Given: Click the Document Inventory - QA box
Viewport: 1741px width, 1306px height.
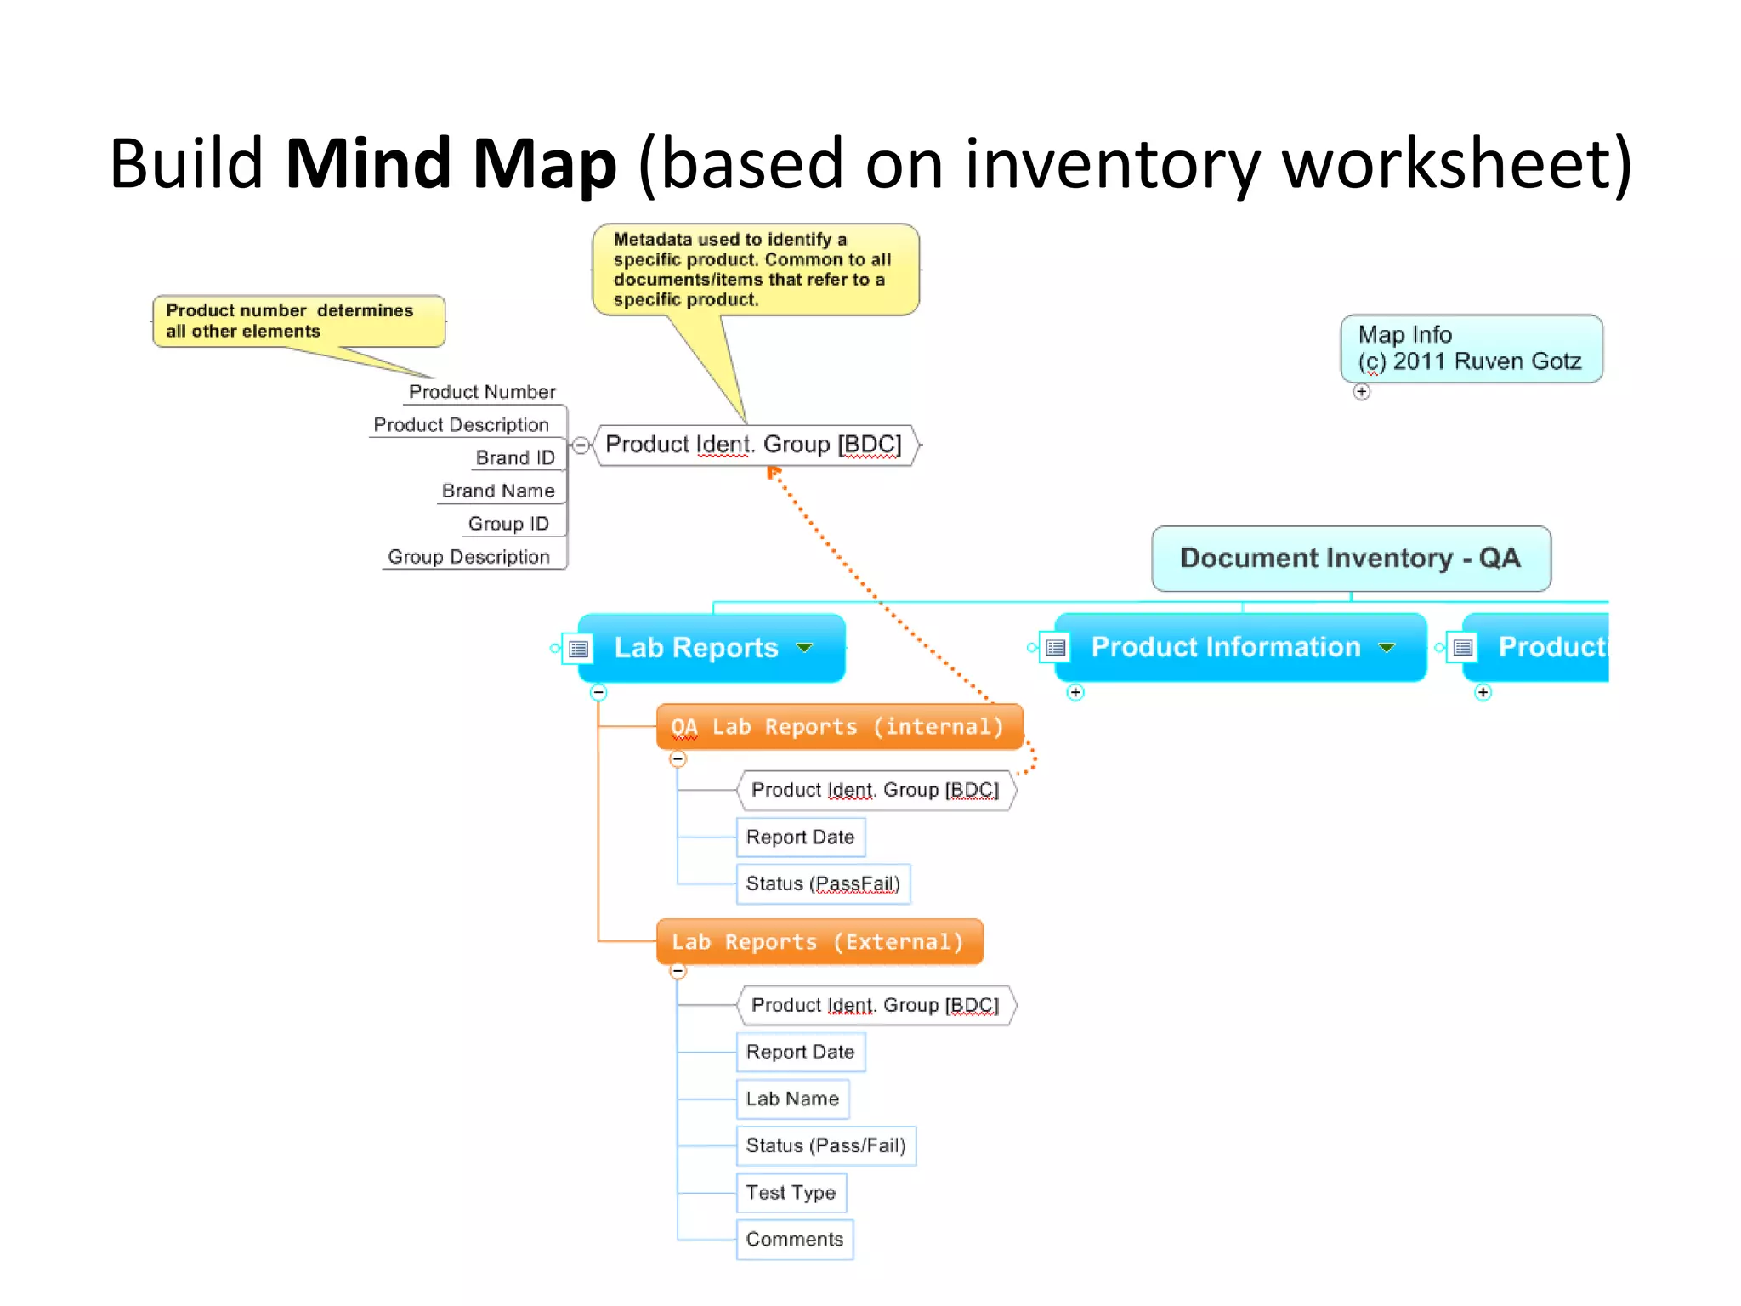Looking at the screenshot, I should point(1350,559).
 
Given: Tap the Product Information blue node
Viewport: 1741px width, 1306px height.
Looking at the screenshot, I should point(1225,647).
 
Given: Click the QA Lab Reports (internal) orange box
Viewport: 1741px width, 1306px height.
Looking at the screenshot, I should point(838,727).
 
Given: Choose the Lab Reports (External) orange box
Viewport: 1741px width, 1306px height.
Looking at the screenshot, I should point(819,942).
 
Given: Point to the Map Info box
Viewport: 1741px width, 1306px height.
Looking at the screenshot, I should point(1470,349).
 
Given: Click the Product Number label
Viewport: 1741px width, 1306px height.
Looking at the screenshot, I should point(481,392).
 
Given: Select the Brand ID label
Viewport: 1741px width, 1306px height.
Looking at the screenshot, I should point(514,458).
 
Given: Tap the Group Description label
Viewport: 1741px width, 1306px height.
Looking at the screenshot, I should point(468,557).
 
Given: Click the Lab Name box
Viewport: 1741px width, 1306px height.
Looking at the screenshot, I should point(791,1099).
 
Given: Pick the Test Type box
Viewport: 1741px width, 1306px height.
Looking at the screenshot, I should point(791,1192).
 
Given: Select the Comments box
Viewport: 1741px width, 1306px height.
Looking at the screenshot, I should point(794,1239).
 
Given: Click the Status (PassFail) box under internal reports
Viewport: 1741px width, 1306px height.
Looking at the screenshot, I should point(822,884).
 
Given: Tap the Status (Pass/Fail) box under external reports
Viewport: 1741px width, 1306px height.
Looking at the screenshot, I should point(825,1145).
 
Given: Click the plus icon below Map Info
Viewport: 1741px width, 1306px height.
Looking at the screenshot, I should point(1362,392).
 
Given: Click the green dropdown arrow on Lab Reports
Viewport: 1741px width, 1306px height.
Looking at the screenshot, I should point(804,648).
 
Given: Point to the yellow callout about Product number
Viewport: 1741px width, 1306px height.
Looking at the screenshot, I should point(298,321).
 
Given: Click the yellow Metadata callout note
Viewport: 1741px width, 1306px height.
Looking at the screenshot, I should point(754,270).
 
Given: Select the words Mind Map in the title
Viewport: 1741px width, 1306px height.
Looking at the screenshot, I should point(451,163).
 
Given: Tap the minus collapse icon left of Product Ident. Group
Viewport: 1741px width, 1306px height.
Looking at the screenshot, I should point(581,445).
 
